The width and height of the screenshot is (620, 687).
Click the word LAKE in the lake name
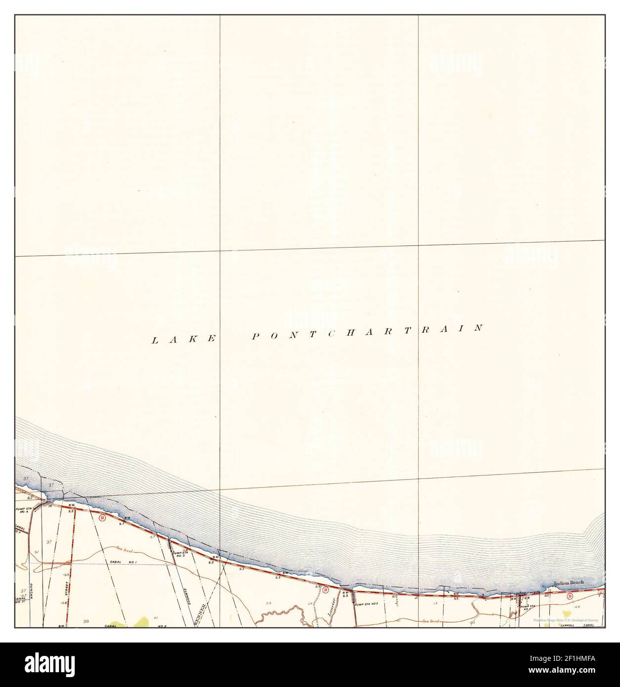pyautogui.click(x=184, y=339)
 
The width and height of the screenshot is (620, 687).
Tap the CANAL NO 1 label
pyautogui.click(x=126, y=562)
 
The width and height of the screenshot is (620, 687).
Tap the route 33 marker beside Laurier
pyautogui.click(x=325, y=590)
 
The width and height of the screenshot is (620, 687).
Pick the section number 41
pyautogui.click(x=156, y=618)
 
